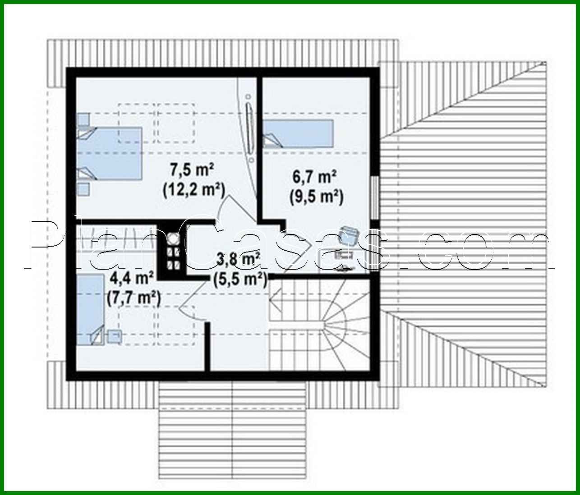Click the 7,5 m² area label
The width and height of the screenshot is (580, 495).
coord(192,170)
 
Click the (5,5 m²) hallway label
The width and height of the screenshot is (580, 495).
coord(239,279)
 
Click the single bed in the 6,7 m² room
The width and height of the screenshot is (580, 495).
coord(298,133)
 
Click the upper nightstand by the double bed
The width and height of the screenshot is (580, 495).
coord(83,119)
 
